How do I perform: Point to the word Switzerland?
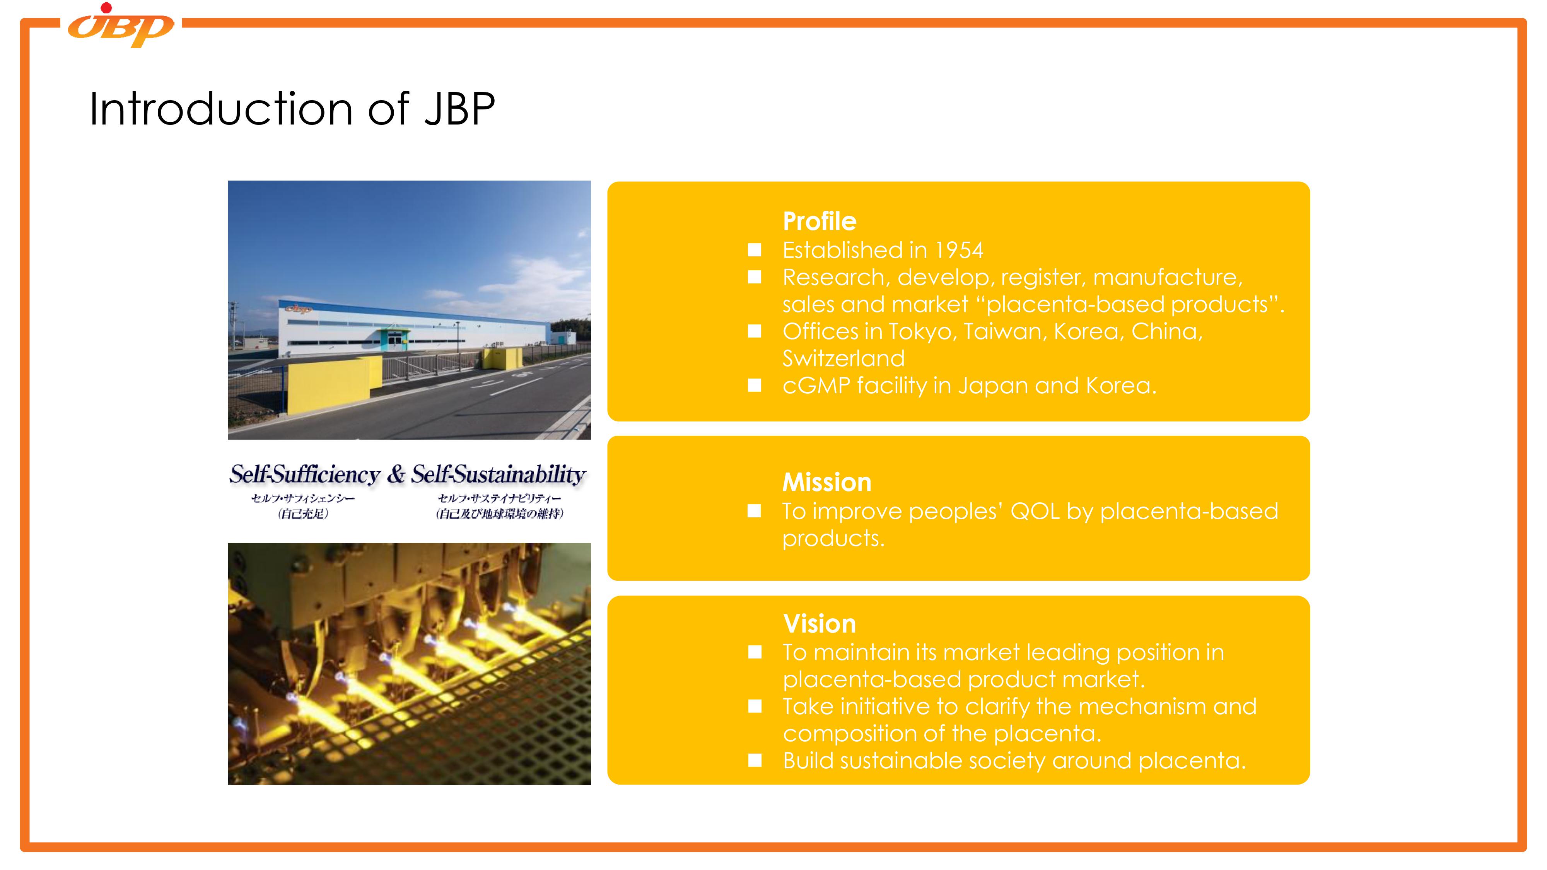pos(843,358)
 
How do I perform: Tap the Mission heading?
pos(826,482)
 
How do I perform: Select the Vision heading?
pos(819,624)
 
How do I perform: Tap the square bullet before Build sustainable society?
pos(755,761)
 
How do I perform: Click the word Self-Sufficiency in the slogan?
pos(305,474)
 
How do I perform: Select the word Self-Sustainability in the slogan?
pos(498,474)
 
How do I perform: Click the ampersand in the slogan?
pos(396,474)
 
